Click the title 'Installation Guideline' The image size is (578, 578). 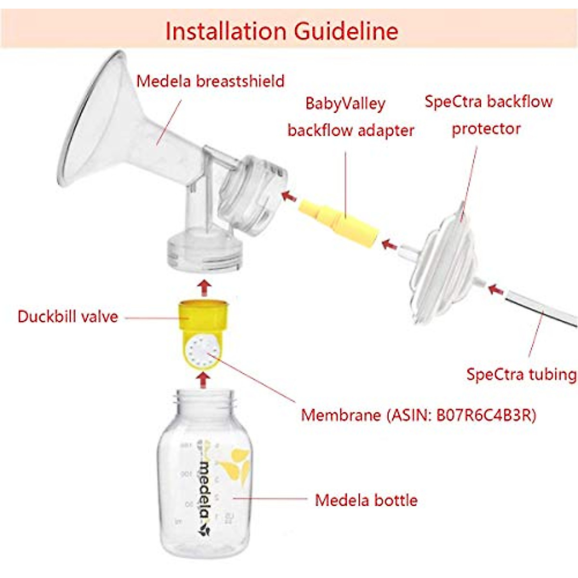[x=282, y=31]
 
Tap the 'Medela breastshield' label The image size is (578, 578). [x=210, y=81]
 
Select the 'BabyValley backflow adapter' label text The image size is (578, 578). [x=350, y=117]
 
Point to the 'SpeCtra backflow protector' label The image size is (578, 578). [x=488, y=115]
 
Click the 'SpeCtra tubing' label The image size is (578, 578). [x=521, y=374]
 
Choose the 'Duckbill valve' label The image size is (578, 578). [x=68, y=316]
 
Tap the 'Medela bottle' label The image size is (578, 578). [x=366, y=500]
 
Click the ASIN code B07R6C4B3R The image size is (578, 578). [x=486, y=415]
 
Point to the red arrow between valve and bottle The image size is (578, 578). [x=204, y=381]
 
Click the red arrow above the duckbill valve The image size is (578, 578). [x=205, y=287]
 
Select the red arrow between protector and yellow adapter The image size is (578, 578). [x=390, y=245]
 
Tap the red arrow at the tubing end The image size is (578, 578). [x=496, y=289]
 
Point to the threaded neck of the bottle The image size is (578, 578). [x=205, y=401]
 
